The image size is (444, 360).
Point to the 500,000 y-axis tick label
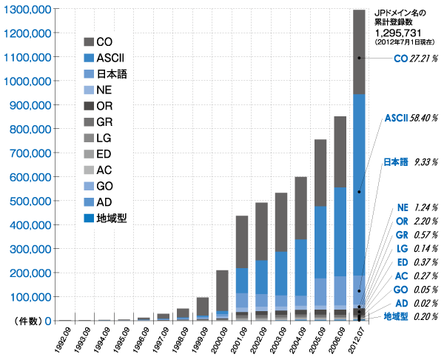click(29, 201)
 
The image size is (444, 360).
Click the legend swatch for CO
click(89, 41)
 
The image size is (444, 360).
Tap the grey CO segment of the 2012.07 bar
click(359, 52)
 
